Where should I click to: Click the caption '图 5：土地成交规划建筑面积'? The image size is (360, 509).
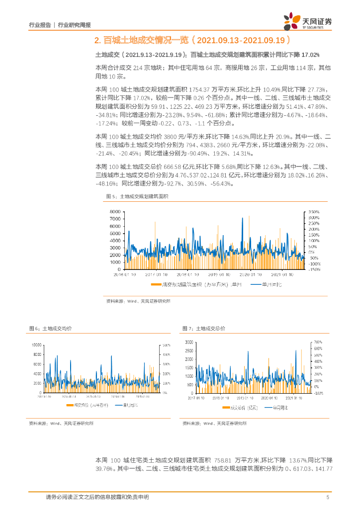pos(137,197)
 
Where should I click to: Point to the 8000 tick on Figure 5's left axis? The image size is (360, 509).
pos(114,211)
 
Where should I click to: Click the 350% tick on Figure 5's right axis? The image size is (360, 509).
pos(313,211)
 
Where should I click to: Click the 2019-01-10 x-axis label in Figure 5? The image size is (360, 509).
pos(219,273)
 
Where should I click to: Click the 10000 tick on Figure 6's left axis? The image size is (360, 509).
pos(36,344)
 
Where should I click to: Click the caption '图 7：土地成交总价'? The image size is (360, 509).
pos(204,329)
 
